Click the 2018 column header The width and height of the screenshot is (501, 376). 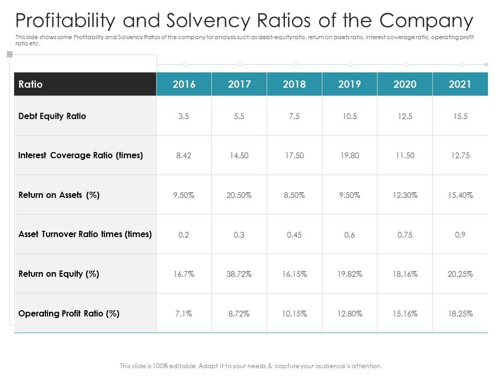(x=294, y=84)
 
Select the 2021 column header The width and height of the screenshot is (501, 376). (x=460, y=84)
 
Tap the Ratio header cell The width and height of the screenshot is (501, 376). (x=31, y=84)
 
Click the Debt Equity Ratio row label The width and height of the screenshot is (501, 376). (x=52, y=116)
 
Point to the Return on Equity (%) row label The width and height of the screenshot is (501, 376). (x=58, y=274)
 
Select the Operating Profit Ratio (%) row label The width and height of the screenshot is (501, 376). (x=69, y=313)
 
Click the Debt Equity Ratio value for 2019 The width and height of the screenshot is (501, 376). (x=350, y=116)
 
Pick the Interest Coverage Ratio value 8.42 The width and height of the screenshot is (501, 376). (x=184, y=156)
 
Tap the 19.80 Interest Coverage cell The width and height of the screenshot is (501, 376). (x=350, y=156)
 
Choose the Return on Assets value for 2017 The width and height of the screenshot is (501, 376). (x=239, y=195)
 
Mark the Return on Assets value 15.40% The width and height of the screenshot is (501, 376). (x=460, y=195)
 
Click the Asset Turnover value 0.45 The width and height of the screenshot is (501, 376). (x=294, y=235)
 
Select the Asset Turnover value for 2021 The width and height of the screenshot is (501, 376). (x=460, y=235)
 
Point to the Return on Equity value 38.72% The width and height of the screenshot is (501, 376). (x=239, y=274)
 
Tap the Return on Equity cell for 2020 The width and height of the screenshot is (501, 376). (x=405, y=274)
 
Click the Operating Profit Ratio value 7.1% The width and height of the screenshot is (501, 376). (x=184, y=314)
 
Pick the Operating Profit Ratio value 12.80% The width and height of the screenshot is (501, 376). (x=350, y=314)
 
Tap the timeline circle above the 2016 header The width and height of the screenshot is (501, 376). (x=185, y=64)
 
